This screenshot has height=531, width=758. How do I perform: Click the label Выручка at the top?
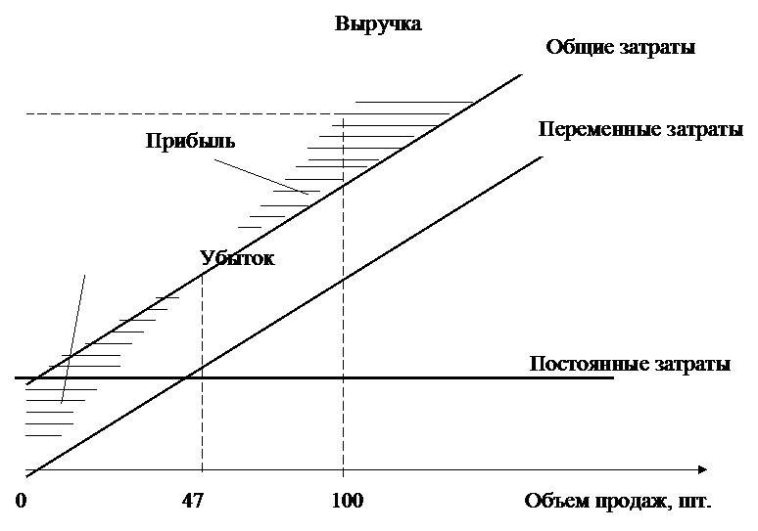[x=378, y=23]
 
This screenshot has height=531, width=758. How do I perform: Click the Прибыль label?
[x=190, y=141]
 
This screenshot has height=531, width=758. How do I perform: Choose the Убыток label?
[x=237, y=258]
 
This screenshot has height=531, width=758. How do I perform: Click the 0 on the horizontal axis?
[x=21, y=501]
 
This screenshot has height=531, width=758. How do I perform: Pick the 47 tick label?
[x=193, y=501]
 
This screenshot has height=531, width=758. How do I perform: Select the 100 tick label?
[x=347, y=501]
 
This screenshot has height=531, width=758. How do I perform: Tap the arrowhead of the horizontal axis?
[x=702, y=469]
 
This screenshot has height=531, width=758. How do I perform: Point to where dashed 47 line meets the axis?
[x=202, y=469]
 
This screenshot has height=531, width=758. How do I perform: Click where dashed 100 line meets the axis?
[x=343, y=469]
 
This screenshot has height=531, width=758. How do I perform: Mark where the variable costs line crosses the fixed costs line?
[x=185, y=377]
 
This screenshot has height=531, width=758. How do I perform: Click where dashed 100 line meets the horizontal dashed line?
[x=343, y=113]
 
